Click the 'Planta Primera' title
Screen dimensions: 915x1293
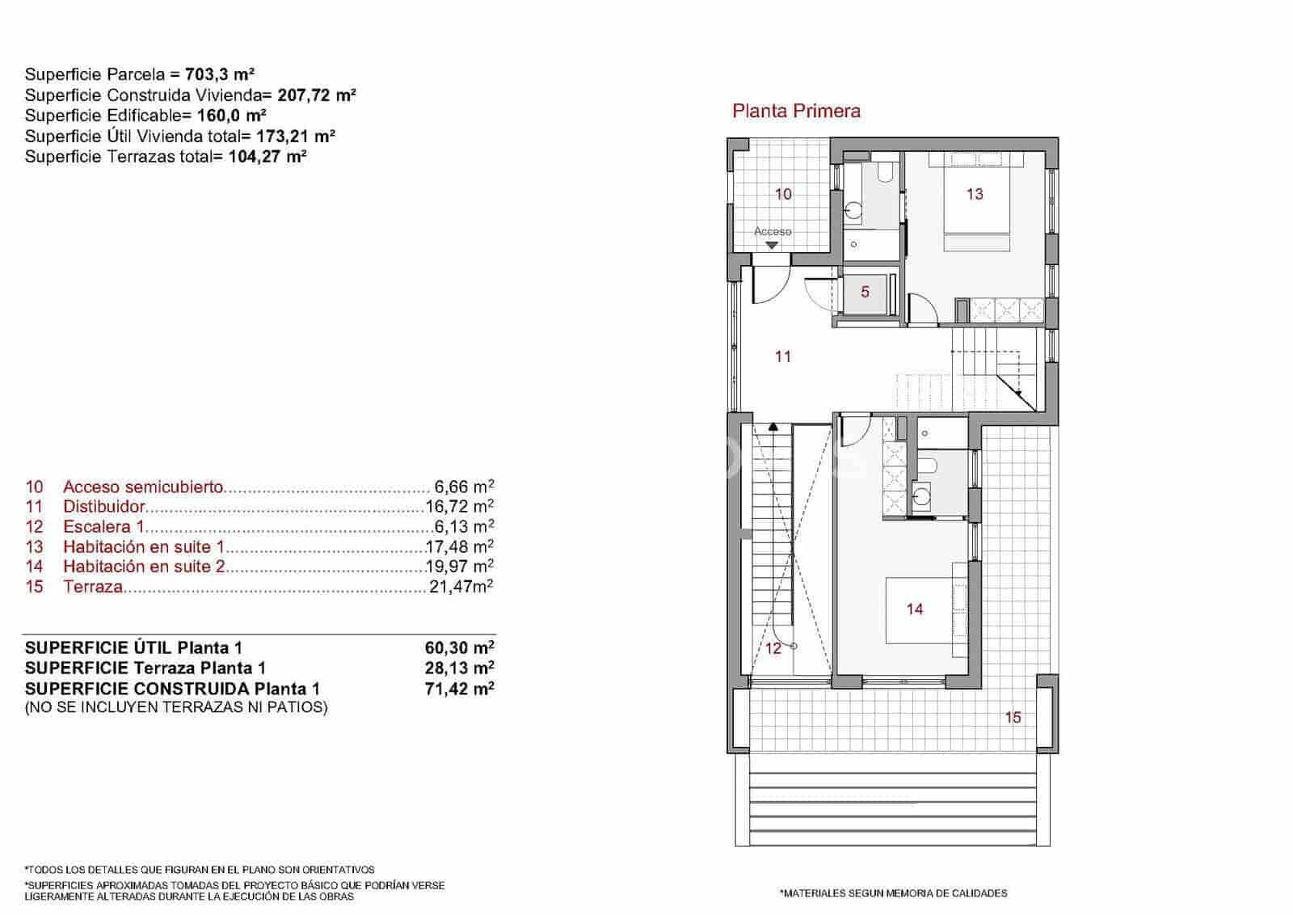796,112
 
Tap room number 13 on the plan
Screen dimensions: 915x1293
975,194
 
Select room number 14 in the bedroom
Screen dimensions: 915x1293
915,609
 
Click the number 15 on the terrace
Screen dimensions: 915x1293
1013,717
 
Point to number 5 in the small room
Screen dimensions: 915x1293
865,292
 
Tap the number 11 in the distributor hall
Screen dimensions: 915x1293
782,356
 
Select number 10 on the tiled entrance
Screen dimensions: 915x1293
783,194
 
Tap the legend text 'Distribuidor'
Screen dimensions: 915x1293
103,507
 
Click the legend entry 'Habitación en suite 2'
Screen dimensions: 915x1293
143,567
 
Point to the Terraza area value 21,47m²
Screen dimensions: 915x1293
461,587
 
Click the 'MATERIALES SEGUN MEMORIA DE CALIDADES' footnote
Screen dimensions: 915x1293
893,893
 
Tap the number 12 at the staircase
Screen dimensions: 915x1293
773,648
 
